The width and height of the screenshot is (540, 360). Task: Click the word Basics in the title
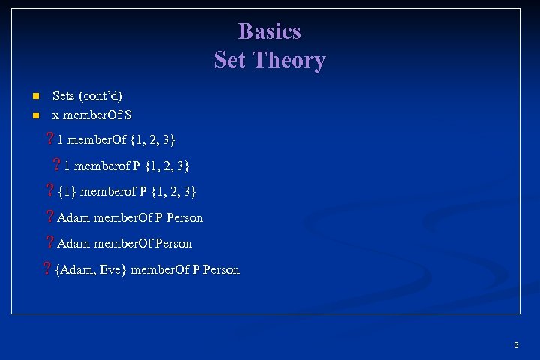pos(270,31)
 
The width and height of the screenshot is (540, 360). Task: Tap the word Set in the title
pos(229,60)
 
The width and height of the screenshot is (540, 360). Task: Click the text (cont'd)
pos(101,96)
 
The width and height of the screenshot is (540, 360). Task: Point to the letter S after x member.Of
pos(128,115)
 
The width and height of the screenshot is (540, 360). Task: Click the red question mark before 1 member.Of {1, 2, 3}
pos(49,139)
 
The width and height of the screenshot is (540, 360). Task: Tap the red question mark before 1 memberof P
pos(56,165)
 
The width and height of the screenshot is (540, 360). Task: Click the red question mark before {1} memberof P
pos(49,191)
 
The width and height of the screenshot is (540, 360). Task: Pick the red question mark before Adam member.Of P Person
pos(49,217)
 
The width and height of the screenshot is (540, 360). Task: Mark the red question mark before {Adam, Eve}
pos(47,269)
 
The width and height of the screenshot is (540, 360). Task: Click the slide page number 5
pos(516,345)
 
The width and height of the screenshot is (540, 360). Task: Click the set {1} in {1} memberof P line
pos(67,191)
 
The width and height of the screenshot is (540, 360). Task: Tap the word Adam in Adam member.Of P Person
pos(73,217)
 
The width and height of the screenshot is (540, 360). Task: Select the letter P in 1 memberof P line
pos(136,165)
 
